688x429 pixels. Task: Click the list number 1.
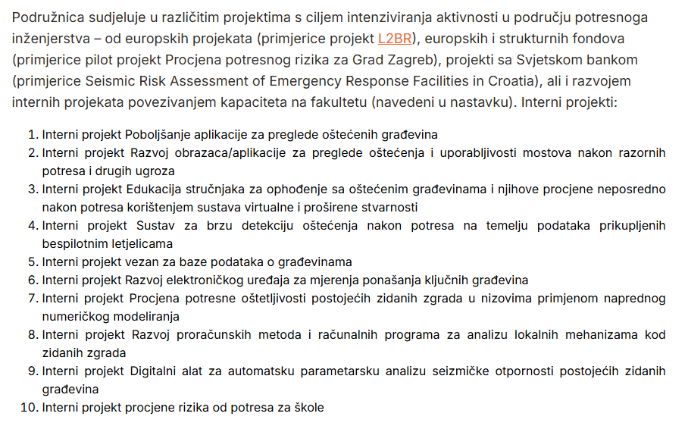click(33, 135)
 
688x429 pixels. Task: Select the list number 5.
click(33, 262)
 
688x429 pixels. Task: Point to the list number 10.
click(30, 408)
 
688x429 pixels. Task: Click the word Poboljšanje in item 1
click(158, 135)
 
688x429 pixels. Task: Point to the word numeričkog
click(78, 317)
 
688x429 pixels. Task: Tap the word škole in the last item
click(308, 408)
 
